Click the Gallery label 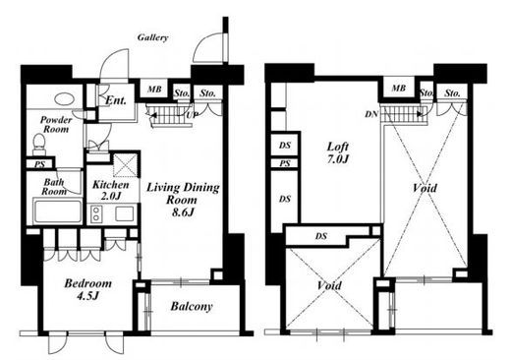click(x=152, y=37)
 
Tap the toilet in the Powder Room click(x=39, y=144)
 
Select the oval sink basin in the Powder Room click(x=64, y=99)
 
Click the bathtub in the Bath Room click(x=58, y=210)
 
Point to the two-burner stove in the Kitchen click(x=96, y=213)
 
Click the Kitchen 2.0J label click(x=111, y=190)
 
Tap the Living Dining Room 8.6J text click(x=183, y=200)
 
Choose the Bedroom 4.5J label click(x=87, y=289)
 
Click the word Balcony click(x=192, y=307)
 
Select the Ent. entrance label click(x=116, y=100)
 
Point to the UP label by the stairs click(x=192, y=115)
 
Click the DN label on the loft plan click(x=371, y=114)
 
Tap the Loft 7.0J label click(x=338, y=152)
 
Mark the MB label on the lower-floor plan click(x=154, y=89)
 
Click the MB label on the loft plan click(x=399, y=88)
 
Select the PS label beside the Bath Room click(x=40, y=164)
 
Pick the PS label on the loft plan click(x=285, y=163)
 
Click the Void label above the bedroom click(x=329, y=285)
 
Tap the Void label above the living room click(x=425, y=188)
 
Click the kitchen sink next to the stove click(x=124, y=214)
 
